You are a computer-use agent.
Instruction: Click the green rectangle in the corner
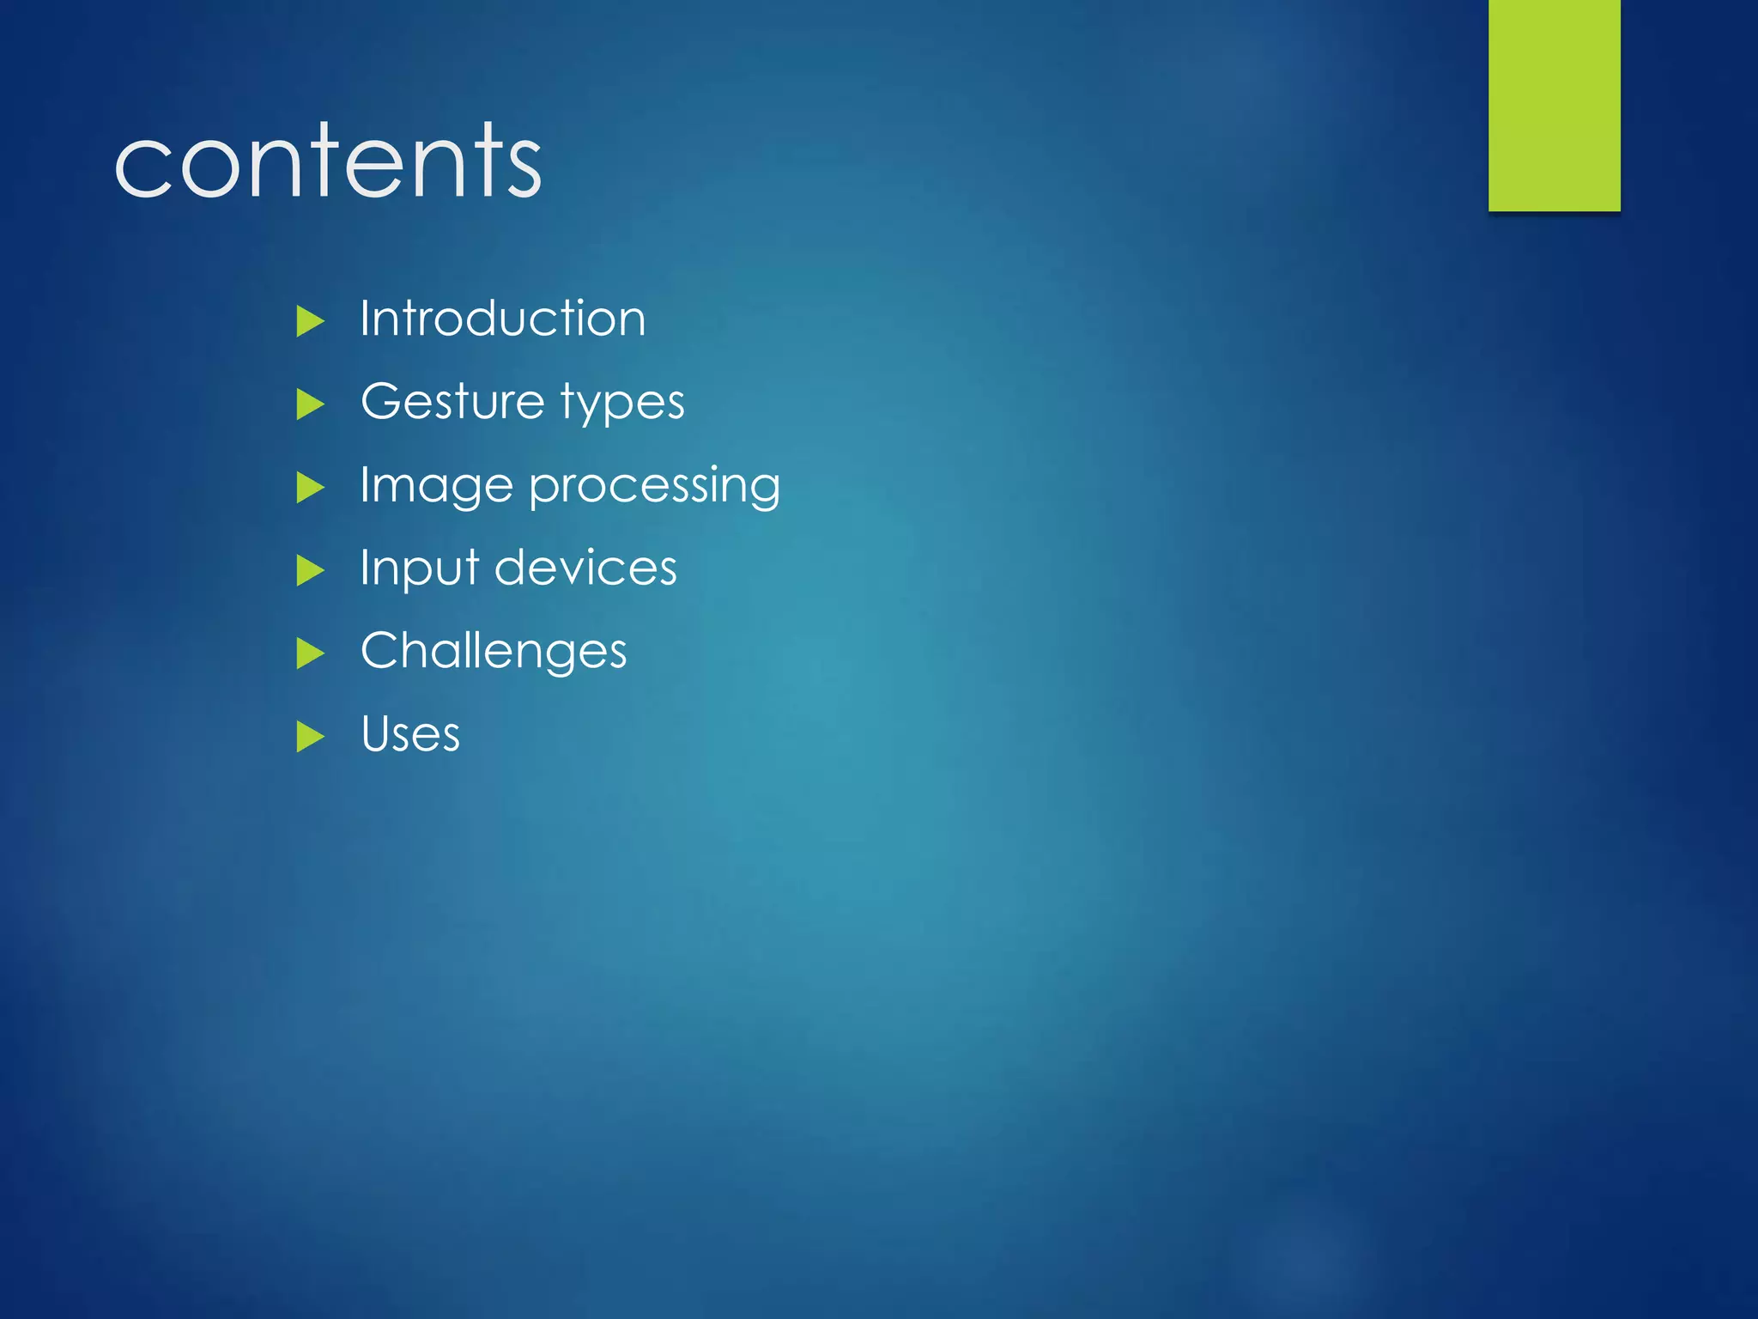pos(1554,105)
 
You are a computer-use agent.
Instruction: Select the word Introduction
pos(502,319)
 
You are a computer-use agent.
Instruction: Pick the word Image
pos(436,486)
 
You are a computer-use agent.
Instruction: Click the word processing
pos(654,486)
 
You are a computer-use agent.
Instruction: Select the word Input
pos(419,568)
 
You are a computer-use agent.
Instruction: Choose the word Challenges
pos(494,651)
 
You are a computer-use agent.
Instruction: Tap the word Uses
pos(410,734)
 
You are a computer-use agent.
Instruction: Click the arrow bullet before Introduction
pos(309,321)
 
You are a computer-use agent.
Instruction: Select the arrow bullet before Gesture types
pos(309,404)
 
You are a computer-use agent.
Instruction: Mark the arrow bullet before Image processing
pos(309,488)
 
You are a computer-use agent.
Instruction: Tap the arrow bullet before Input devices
pos(309,570)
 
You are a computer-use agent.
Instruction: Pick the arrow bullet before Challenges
pos(309,653)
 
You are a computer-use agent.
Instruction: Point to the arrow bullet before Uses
pos(309,737)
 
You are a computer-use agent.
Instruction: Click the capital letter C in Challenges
pos(379,650)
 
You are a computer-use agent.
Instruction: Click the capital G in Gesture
pos(380,401)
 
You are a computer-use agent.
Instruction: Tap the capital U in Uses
pos(376,734)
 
